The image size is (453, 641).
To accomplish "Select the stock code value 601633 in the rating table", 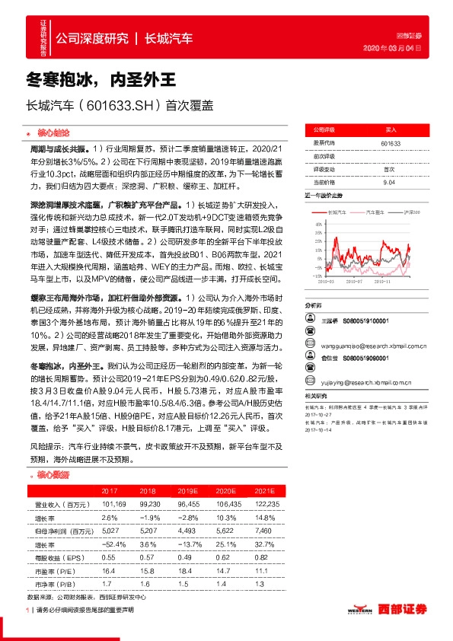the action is pos(391,143).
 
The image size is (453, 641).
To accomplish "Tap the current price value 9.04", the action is pos(389,182).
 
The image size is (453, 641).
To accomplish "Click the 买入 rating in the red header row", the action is pos(391,131).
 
